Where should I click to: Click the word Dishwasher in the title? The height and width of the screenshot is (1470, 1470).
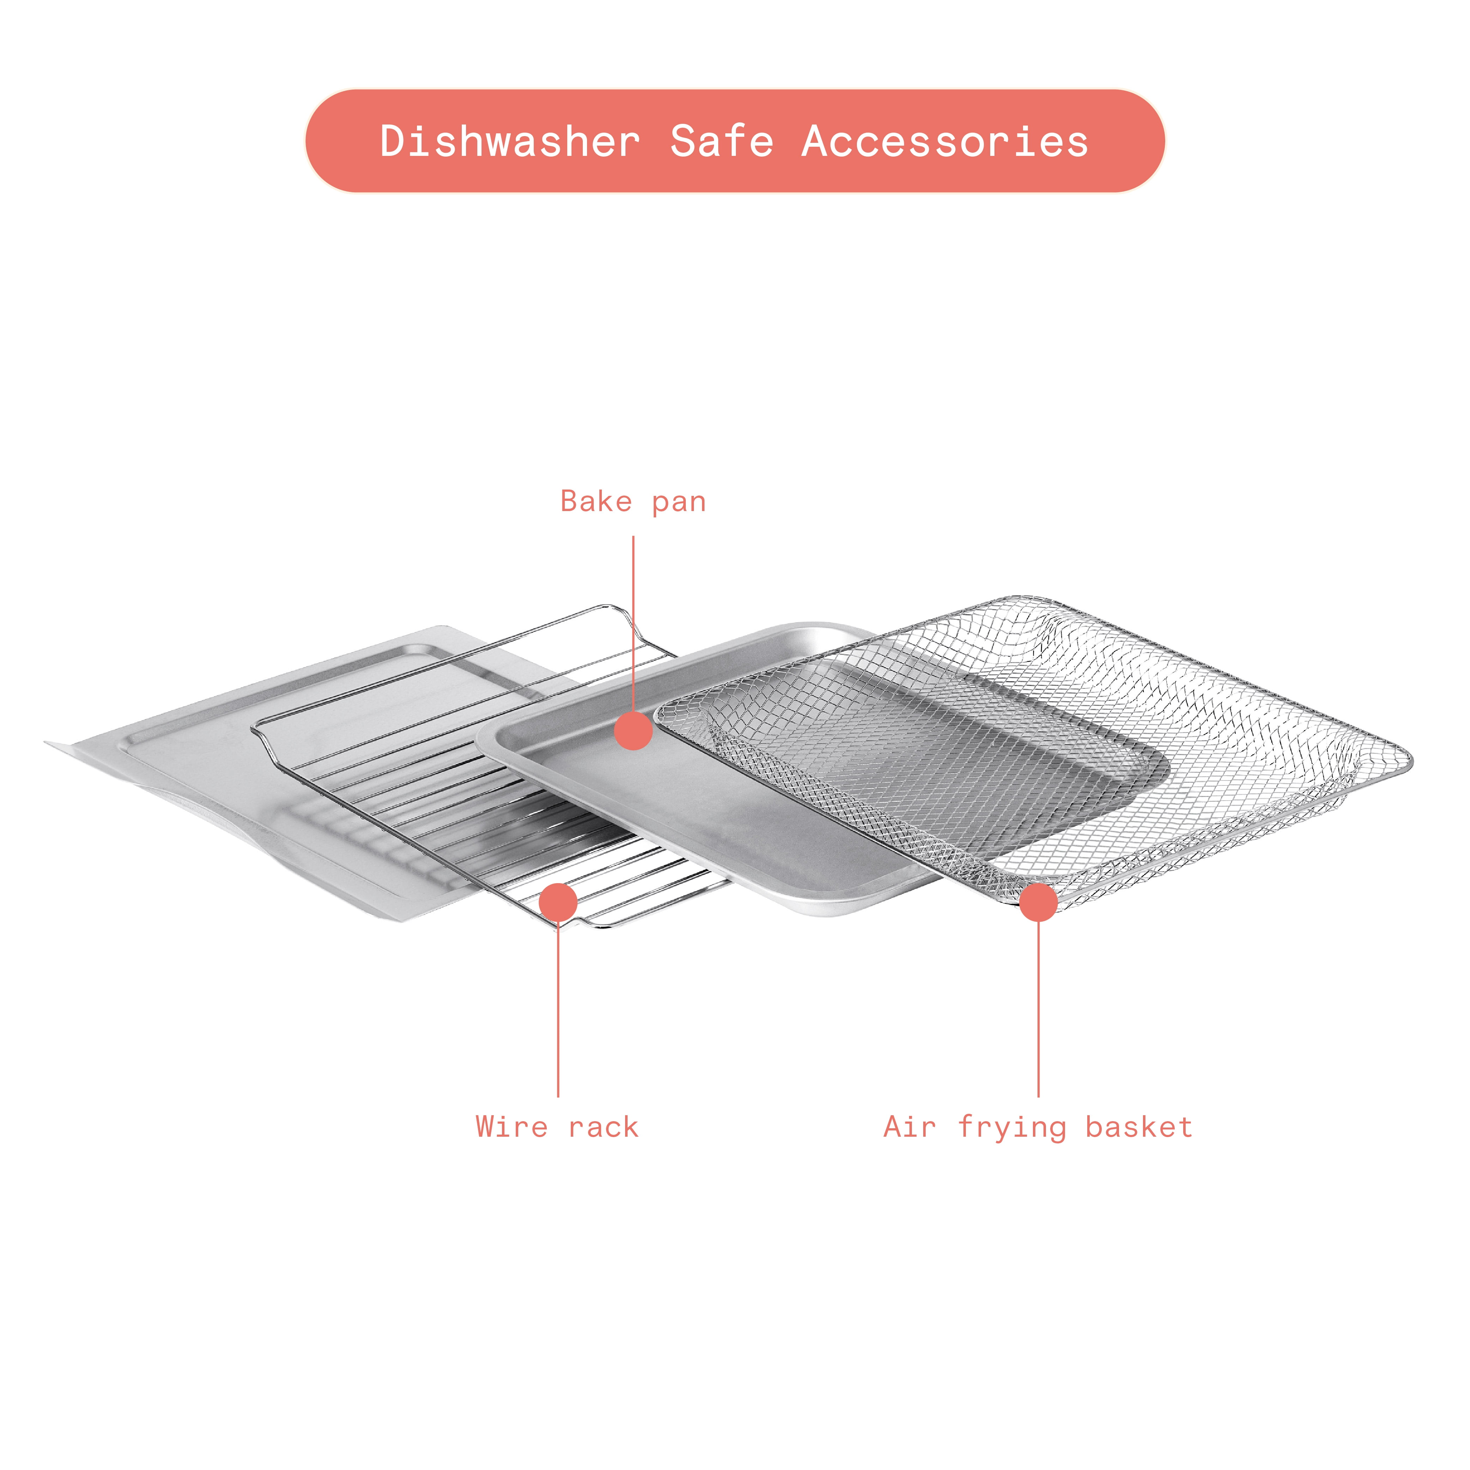click(x=510, y=141)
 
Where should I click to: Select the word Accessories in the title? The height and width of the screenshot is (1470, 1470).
click(x=945, y=141)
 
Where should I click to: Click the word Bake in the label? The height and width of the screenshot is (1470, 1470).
click(x=596, y=502)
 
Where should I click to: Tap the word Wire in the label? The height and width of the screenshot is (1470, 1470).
click(x=511, y=1127)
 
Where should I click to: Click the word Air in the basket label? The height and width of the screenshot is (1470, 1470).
click(x=909, y=1127)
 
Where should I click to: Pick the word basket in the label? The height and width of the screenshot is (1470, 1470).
click(x=1139, y=1127)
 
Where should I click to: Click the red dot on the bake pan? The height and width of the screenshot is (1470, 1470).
click(x=633, y=730)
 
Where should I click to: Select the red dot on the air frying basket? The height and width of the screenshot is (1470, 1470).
click(x=1039, y=901)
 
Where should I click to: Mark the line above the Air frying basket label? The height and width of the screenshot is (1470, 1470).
click(x=1039, y=1009)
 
